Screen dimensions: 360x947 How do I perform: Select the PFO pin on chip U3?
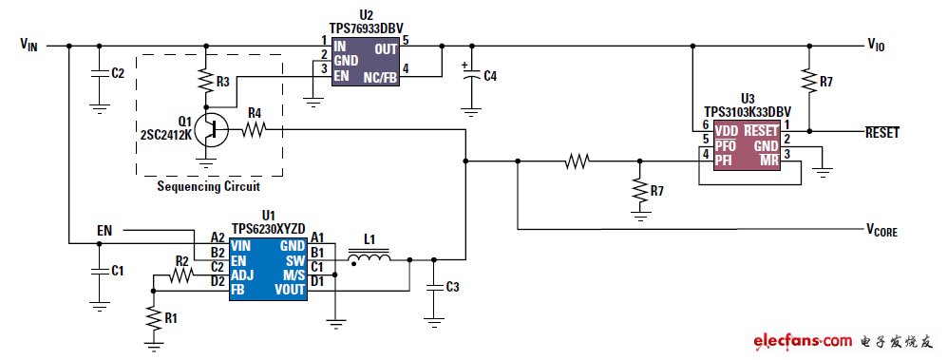click(x=727, y=146)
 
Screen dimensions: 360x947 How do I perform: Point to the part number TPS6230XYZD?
click(x=269, y=229)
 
